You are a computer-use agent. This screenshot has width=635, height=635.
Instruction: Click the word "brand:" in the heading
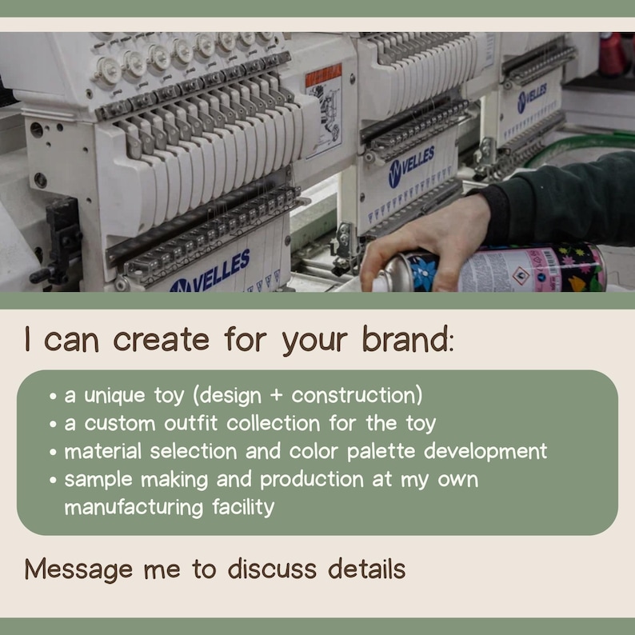[x=408, y=339]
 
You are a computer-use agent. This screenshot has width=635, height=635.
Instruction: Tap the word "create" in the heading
[x=162, y=340]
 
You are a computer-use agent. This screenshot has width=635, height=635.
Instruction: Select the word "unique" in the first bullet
[x=114, y=396]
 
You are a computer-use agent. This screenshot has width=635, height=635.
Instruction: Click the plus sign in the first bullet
[x=276, y=396]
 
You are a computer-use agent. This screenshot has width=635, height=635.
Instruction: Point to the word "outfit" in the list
[x=191, y=423]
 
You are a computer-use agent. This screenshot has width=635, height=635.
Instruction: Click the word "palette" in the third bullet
[x=381, y=452]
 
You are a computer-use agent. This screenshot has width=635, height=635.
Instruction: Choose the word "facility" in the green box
[x=243, y=507]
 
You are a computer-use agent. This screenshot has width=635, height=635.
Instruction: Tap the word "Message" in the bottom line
[x=78, y=569]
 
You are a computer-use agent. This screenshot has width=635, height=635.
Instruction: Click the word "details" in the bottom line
[x=366, y=569]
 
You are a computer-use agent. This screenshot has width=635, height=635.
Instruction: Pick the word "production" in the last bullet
[x=312, y=480]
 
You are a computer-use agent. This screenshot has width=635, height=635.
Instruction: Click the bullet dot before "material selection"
[x=53, y=452]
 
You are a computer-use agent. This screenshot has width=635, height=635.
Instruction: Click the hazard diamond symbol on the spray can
[x=521, y=276]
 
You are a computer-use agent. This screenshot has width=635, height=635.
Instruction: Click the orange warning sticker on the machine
[x=324, y=75]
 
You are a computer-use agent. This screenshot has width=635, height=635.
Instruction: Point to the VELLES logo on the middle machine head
[x=411, y=167]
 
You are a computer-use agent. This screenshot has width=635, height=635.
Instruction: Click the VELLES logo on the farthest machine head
[x=532, y=98]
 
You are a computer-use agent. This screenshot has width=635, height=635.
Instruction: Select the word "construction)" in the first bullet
[x=357, y=395]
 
